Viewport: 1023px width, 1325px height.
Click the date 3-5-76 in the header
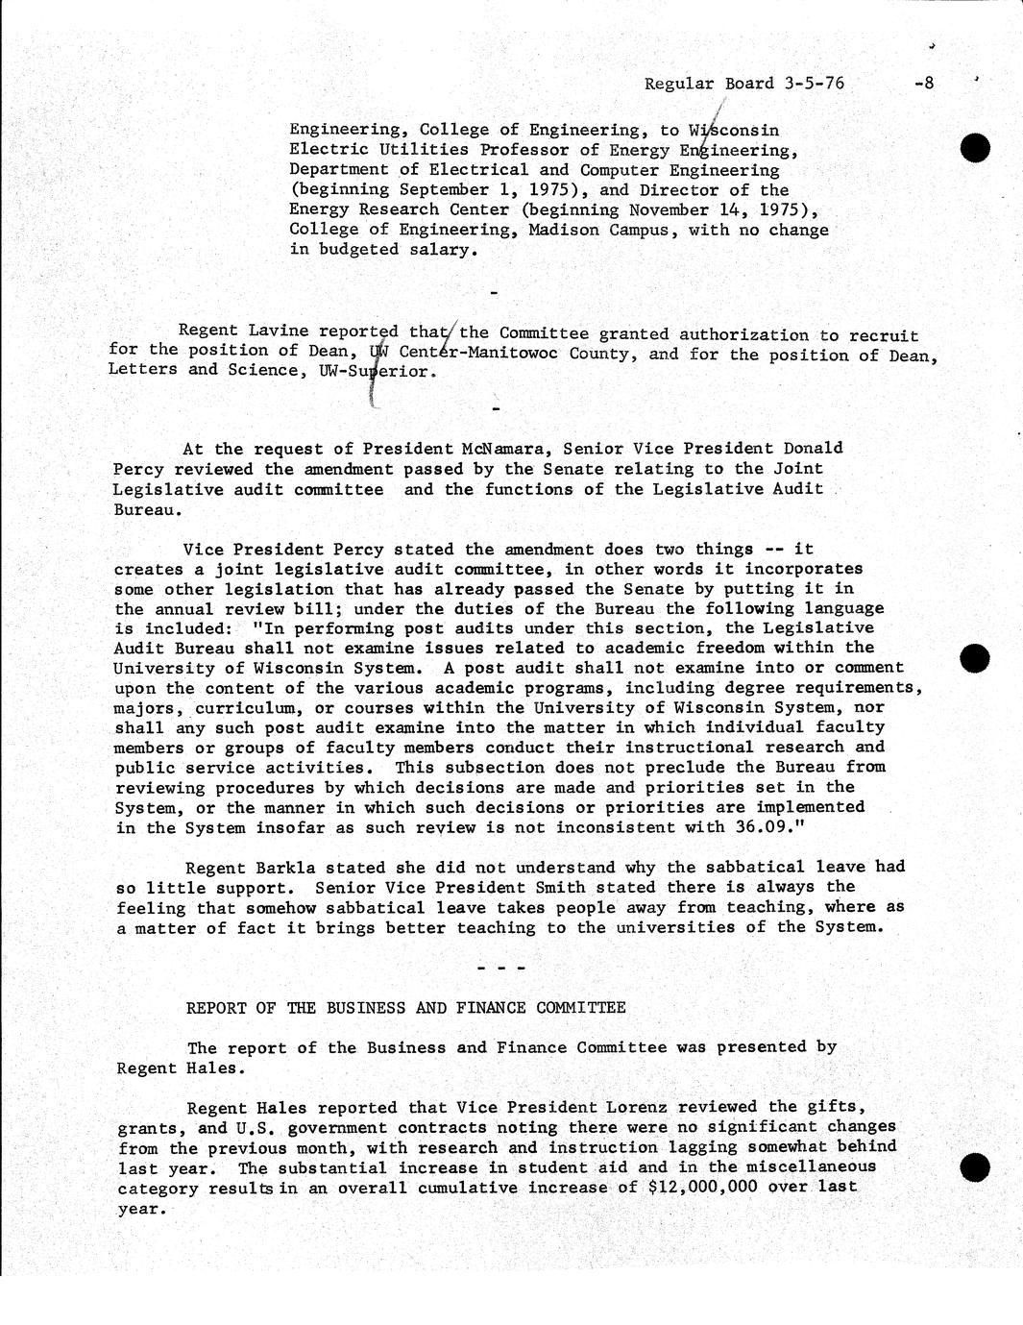(x=814, y=83)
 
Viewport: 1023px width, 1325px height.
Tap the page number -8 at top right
(x=923, y=83)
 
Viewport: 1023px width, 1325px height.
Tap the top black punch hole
(x=975, y=149)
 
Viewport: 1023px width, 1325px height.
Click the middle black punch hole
(x=974, y=657)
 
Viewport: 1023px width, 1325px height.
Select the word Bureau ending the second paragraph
(x=143, y=509)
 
